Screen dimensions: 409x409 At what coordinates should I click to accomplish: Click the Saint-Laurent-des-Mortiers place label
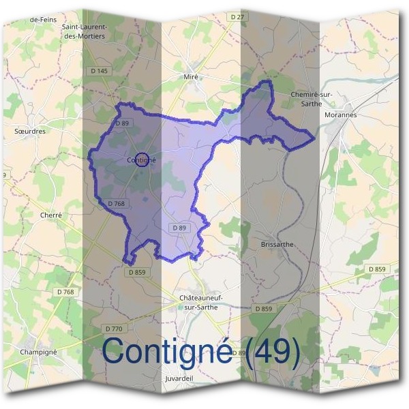[84, 31]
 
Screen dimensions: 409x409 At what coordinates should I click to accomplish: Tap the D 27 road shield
[237, 16]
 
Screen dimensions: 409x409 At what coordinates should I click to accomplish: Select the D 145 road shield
[99, 70]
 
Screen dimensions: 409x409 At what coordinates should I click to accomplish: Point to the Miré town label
[192, 77]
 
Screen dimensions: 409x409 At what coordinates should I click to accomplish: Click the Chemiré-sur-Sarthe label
[311, 99]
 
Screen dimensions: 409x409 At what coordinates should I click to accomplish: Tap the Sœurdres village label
[29, 130]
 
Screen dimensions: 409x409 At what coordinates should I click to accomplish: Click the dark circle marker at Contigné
[142, 160]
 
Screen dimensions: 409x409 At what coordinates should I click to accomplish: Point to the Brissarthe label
[277, 243]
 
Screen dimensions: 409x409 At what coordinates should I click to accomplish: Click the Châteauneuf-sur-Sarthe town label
[201, 303]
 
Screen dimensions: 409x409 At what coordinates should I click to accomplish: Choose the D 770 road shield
[114, 329]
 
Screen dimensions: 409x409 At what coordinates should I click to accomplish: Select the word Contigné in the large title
[170, 351]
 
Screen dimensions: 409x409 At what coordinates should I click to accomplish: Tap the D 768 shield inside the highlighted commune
[117, 203]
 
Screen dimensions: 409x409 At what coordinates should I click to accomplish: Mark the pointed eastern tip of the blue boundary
[314, 138]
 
